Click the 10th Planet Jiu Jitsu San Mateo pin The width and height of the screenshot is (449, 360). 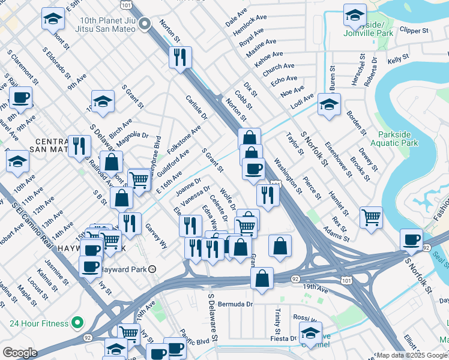click(145, 24)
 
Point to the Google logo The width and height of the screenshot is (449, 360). click(20, 353)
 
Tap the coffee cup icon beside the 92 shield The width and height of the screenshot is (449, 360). click(412, 239)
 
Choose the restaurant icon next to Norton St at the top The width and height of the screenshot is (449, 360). click(180, 58)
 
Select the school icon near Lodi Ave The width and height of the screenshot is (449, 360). click(329, 104)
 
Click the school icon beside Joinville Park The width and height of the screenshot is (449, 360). click(355, 14)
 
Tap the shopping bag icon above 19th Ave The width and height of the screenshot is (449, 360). click(262, 278)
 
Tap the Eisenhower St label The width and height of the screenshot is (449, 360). click(338, 159)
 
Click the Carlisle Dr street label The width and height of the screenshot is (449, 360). click(196, 107)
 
